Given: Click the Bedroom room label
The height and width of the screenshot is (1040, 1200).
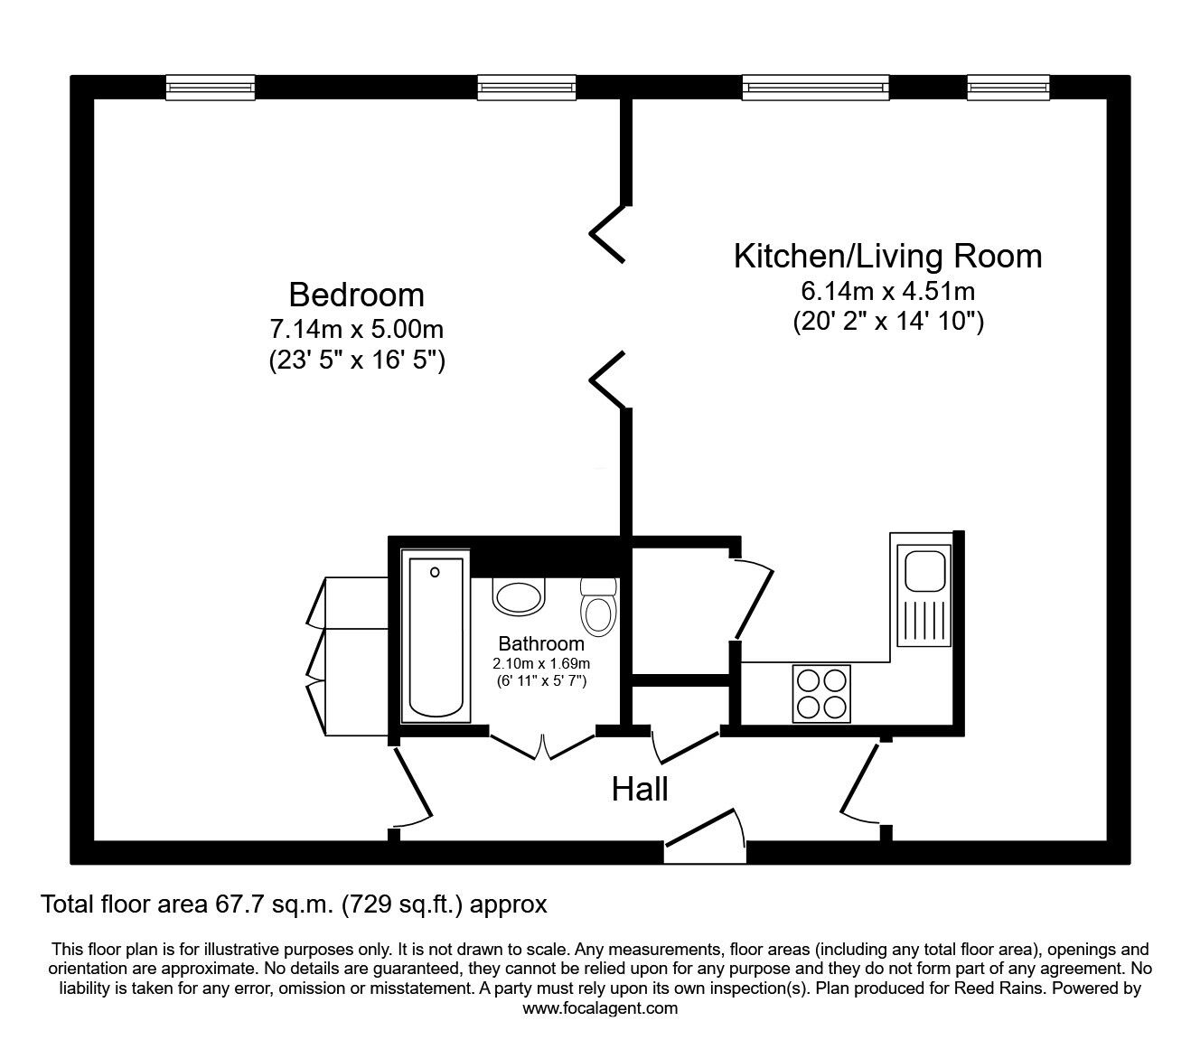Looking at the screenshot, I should coord(356,295).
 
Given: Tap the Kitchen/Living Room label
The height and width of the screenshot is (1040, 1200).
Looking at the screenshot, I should coord(887,256).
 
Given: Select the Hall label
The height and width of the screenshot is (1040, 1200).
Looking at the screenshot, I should coord(640,789).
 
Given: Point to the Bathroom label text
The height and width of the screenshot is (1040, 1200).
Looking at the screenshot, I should coord(541,644).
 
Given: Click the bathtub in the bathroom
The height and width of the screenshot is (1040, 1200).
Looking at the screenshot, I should coord(436,640).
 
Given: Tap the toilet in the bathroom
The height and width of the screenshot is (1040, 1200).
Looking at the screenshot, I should coord(598,605).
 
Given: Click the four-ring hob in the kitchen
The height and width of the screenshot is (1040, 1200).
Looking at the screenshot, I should coord(821,693).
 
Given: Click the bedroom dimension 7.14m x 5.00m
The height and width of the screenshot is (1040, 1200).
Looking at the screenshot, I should coord(356,328).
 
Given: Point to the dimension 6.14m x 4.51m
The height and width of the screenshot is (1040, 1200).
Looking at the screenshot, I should coord(887,291).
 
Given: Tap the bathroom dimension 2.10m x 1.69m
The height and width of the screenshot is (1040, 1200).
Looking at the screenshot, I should coord(541,664).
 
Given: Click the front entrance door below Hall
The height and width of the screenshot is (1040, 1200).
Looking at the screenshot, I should coord(704,834).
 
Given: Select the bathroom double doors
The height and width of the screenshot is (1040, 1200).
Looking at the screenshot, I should coord(543,744).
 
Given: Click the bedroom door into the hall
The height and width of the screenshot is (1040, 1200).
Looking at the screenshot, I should coord(411,784).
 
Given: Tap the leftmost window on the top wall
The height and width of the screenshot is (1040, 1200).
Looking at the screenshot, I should coord(211,87).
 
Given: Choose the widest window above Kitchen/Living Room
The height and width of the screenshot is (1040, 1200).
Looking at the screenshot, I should coord(815,87).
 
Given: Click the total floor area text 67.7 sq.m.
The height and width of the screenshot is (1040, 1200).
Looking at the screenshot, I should coord(295,904).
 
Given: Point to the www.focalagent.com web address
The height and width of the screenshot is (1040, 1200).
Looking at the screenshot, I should coord(600,1008).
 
